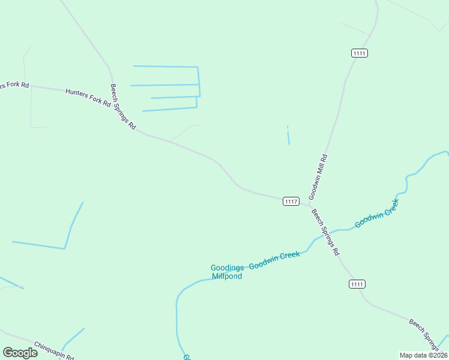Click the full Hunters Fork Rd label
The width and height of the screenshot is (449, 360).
[x=88, y=97]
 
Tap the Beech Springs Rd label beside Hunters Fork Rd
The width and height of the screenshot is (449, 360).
[x=123, y=108]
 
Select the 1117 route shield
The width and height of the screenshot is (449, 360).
[x=291, y=202]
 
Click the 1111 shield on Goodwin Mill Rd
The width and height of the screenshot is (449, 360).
[x=360, y=53]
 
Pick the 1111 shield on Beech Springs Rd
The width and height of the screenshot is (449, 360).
[x=357, y=284]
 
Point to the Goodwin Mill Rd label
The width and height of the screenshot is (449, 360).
[x=318, y=177]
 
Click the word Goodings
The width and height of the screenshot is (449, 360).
[x=227, y=268]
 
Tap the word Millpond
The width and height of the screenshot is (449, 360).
[x=227, y=277]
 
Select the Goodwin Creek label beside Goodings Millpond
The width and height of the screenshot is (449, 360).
[x=274, y=260]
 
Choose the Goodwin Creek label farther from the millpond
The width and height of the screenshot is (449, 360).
[x=377, y=214]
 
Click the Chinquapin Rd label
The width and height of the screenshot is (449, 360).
[x=54, y=350]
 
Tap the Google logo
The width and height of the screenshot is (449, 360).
[x=20, y=353]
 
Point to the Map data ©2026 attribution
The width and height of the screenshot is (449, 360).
[x=423, y=355]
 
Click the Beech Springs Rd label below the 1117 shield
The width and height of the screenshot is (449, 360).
[x=325, y=232]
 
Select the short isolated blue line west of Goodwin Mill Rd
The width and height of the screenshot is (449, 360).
[x=288, y=136]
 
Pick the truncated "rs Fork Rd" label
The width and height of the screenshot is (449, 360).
[x=14, y=85]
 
